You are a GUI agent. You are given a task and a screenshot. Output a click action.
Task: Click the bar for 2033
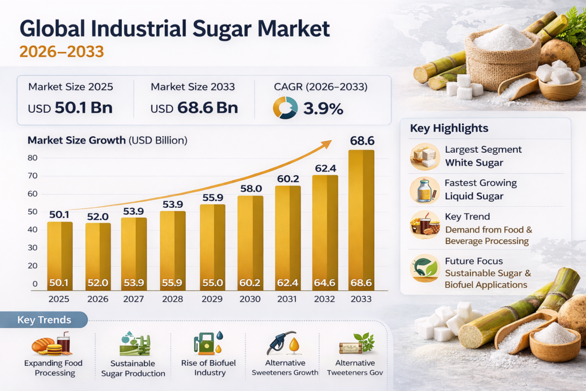pyautogui.click(x=361, y=220)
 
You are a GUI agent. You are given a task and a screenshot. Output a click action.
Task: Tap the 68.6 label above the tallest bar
pyautogui.click(x=361, y=140)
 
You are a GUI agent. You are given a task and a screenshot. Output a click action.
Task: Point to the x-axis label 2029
pyautogui.click(x=212, y=299)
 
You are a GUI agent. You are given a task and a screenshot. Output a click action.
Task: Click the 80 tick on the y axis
pyautogui.click(x=32, y=158)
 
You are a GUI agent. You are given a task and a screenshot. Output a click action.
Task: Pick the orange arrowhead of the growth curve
pyautogui.click(x=327, y=144)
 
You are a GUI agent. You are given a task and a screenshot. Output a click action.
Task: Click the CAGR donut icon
pyautogui.click(x=285, y=107)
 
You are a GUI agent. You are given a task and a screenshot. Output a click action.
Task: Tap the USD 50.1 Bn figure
pyautogui.click(x=70, y=108)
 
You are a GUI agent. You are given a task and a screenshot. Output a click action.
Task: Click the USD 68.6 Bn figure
pyautogui.click(x=194, y=108)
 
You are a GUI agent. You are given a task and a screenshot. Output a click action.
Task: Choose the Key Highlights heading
pyautogui.click(x=449, y=128)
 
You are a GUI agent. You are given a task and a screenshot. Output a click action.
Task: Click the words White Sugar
pyautogui.click(x=474, y=163)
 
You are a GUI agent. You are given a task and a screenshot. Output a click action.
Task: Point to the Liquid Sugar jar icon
pyautogui.click(x=425, y=191)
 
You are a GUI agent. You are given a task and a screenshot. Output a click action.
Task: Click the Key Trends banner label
pyautogui.click(x=44, y=320)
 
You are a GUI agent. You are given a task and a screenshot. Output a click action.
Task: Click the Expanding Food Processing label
pyautogui.click(x=54, y=368)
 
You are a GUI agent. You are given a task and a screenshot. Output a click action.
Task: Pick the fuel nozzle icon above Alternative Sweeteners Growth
pyautogui.click(x=283, y=342)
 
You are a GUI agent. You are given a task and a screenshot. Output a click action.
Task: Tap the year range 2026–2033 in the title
pyautogui.click(x=62, y=52)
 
